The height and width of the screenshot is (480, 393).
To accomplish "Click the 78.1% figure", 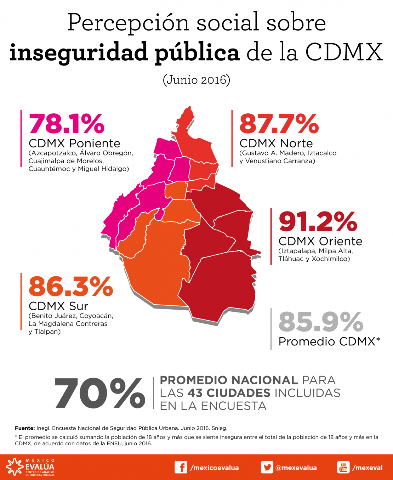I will [x=67, y=124].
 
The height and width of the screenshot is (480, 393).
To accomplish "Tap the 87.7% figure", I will [x=279, y=124].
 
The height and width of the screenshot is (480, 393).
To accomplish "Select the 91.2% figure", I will [x=318, y=222].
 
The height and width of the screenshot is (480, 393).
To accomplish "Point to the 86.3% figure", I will [x=71, y=286].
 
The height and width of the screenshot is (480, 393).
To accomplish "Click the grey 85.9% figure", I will [x=321, y=322].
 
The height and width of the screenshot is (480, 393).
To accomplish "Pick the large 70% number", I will [x=100, y=393].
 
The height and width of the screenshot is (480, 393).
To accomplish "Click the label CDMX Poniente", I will [x=74, y=143].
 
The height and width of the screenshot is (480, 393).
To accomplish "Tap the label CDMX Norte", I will [x=276, y=143].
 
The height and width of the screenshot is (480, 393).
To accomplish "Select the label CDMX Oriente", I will [x=320, y=241].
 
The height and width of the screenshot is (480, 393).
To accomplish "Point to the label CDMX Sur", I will [x=58, y=306].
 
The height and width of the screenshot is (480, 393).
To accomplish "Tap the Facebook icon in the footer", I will [x=181, y=467].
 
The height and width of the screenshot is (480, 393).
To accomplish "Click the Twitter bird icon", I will [x=267, y=467].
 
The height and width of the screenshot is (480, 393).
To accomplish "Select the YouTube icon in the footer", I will [x=343, y=467].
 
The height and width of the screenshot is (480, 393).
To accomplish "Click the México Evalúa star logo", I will [x=14, y=467].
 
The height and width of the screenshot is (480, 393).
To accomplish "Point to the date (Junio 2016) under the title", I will [x=196, y=80].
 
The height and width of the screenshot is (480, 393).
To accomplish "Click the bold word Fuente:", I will [x=25, y=428].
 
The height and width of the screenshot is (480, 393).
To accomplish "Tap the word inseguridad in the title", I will [x=79, y=52].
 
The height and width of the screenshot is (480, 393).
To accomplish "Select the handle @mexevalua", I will [x=296, y=468].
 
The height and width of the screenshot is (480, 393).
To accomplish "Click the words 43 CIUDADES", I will [x=229, y=393].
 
